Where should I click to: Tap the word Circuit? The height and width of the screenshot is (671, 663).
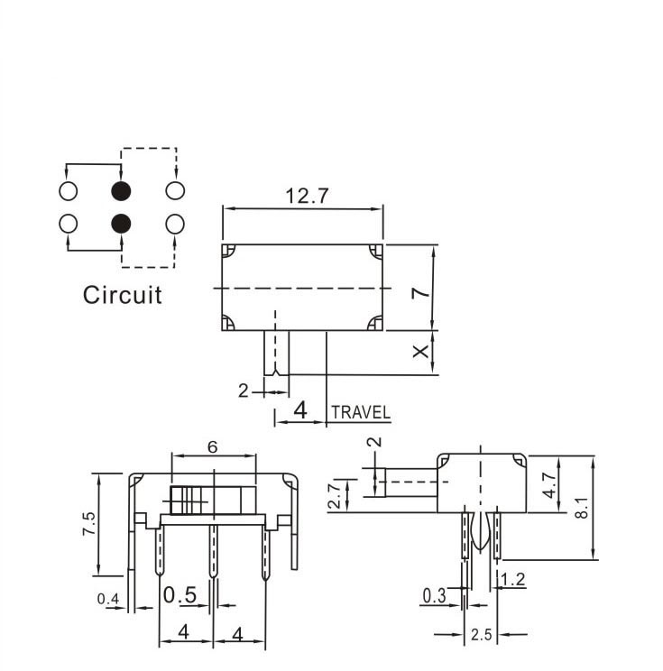123,295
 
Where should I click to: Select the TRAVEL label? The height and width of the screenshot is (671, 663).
362,413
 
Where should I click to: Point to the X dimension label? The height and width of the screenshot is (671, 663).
420,351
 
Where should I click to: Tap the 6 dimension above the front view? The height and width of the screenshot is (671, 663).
212,447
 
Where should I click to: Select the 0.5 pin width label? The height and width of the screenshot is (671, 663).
180,595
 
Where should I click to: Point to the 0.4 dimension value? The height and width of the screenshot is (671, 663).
108,598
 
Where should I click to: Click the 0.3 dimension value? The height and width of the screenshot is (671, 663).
435,595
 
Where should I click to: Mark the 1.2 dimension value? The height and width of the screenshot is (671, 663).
513,580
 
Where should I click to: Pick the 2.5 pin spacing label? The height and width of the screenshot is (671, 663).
481,635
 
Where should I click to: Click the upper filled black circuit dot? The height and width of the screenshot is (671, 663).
121,191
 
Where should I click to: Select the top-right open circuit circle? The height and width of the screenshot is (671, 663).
175,191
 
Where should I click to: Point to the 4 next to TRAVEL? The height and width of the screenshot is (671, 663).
300,409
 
